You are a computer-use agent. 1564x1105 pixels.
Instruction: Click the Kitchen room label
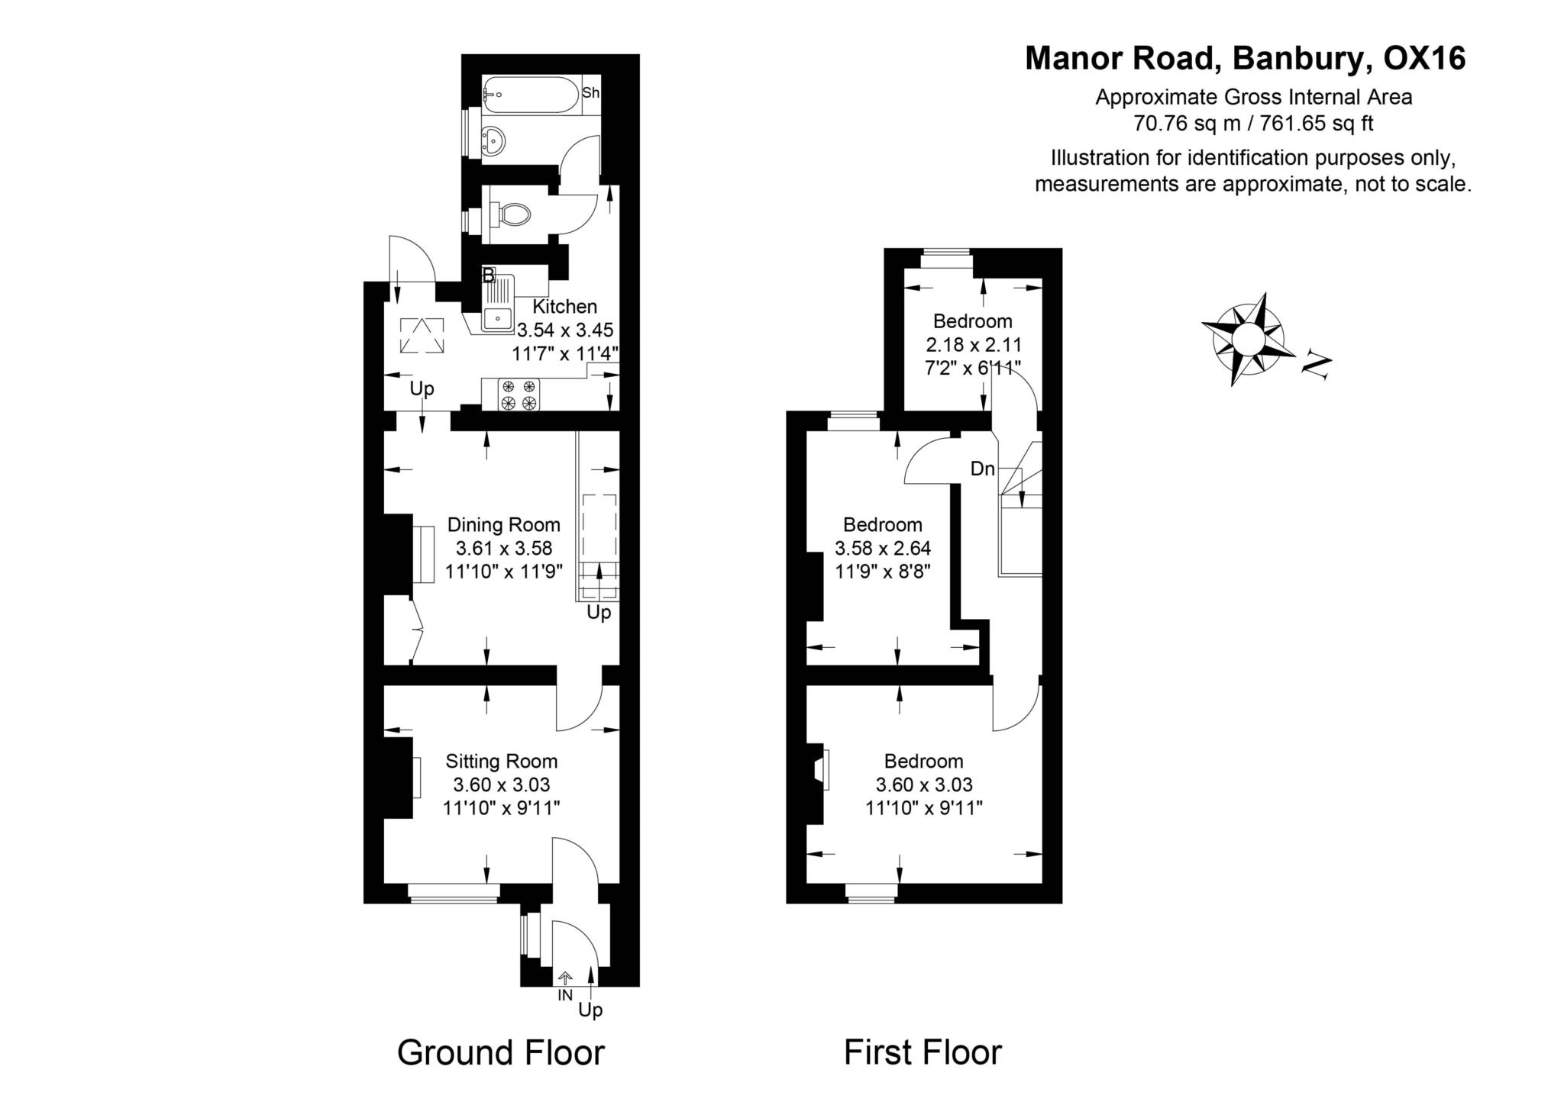coord(564,307)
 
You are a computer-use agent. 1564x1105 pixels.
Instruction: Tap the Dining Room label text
coord(503,525)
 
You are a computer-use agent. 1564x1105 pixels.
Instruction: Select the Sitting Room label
coord(502,762)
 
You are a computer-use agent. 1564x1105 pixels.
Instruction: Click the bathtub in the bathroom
coord(531,95)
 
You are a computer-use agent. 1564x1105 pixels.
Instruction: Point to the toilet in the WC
coord(511,214)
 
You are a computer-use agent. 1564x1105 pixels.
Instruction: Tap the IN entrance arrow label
coord(565,995)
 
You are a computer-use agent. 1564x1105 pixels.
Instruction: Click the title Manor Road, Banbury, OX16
coord(1245,59)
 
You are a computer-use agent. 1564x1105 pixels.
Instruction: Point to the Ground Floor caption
coord(501,1052)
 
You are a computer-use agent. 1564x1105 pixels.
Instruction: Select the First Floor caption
coord(923,1052)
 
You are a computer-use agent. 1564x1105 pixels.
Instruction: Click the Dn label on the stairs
coord(983,469)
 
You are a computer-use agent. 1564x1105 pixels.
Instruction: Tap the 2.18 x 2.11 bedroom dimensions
coord(973,344)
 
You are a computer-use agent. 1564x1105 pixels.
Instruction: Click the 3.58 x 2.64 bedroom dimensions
coord(883,548)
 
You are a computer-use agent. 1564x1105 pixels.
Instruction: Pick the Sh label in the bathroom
coord(591,93)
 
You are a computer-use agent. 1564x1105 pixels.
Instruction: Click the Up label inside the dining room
coord(599,612)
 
